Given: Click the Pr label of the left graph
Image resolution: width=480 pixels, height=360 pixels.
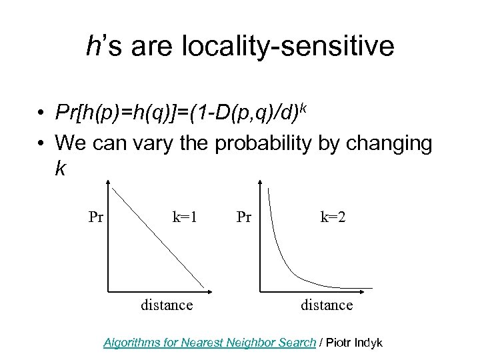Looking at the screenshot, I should point(96,217).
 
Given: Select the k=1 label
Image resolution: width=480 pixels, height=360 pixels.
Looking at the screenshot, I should point(185,217).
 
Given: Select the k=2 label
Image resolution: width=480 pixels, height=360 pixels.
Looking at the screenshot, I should point(332,217).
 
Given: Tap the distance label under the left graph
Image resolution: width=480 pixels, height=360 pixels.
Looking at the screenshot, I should point(167,305).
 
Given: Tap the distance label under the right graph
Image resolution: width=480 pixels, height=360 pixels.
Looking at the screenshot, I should point(327,305).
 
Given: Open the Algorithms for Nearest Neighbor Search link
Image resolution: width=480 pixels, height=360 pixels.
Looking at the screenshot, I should point(209,343).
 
